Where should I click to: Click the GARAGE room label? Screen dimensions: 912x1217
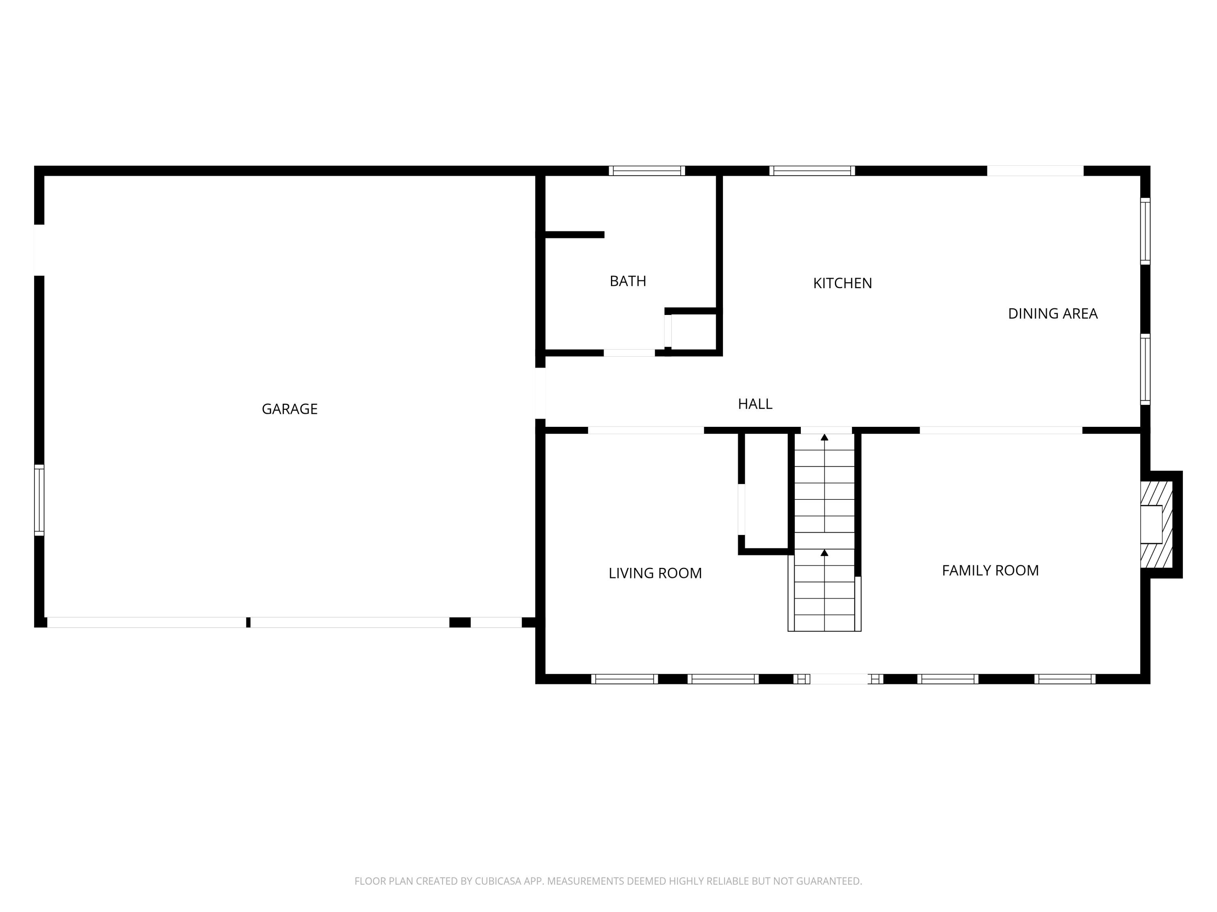[x=289, y=409]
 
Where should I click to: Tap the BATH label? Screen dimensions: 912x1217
[x=628, y=281]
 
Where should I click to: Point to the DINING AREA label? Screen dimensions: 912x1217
[x=1052, y=313]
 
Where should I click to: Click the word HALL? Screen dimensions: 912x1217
[x=755, y=404]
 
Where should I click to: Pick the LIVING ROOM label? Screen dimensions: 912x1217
[x=655, y=574]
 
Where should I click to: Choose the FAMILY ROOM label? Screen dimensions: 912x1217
[x=990, y=571]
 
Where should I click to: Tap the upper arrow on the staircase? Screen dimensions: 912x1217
[x=824, y=438]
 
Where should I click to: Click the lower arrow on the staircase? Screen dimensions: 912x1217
[x=824, y=552]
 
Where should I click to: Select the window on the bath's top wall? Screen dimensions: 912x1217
[x=647, y=170]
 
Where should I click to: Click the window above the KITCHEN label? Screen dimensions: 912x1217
[x=812, y=170]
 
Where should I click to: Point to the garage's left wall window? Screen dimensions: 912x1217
[x=39, y=500]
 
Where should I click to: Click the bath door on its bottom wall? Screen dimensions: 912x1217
[x=630, y=353]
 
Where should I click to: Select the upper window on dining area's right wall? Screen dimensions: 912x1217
[x=1145, y=231]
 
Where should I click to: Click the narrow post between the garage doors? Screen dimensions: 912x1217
[x=248, y=622]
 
